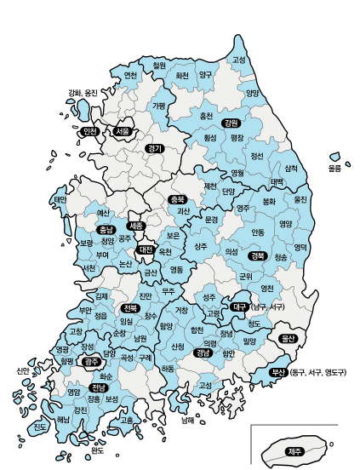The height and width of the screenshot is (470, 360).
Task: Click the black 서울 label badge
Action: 123,132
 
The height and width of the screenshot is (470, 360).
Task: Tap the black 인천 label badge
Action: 90,131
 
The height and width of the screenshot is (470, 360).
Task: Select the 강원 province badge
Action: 230,123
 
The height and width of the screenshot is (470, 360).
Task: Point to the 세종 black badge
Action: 135,226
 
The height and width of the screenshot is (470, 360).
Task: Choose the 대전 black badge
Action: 145,249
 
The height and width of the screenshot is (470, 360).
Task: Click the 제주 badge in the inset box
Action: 295,450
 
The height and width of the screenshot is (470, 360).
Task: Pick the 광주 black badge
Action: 92,362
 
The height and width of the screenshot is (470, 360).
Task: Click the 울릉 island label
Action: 335,169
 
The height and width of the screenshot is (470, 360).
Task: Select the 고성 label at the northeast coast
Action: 239,60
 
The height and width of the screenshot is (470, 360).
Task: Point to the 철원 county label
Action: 159,65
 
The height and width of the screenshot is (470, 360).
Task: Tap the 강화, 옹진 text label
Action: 83,93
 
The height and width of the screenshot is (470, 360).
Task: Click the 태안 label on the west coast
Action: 60,200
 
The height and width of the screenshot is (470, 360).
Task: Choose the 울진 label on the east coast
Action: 300,199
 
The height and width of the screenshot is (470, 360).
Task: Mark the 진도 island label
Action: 39,426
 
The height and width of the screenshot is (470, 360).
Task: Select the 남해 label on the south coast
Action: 188,419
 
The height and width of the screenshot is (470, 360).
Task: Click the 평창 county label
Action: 237,137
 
